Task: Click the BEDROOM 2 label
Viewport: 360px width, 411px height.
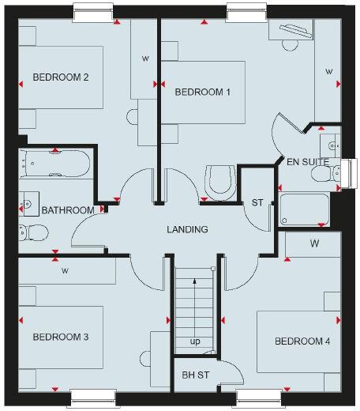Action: pyautogui.click(x=60, y=77)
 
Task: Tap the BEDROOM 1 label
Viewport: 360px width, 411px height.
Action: pyautogui.click(x=202, y=92)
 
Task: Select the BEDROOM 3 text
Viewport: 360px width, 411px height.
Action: pyautogui.click(x=60, y=337)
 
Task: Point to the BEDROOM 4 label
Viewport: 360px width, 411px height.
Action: pyautogui.click(x=302, y=341)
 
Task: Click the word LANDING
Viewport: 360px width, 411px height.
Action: pyautogui.click(x=187, y=230)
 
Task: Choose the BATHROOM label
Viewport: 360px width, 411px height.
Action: pyautogui.click(x=68, y=210)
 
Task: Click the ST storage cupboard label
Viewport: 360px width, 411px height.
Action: pyautogui.click(x=257, y=203)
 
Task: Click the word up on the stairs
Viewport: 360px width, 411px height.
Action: pyautogui.click(x=194, y=341)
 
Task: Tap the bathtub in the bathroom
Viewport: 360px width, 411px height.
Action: pyautogui.click(x=54, y=164)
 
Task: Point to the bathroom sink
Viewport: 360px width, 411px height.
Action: pyautogui.click(x=29, y=202)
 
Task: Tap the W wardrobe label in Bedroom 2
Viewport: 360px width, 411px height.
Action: pyautogui.click(x=145, y=58)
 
